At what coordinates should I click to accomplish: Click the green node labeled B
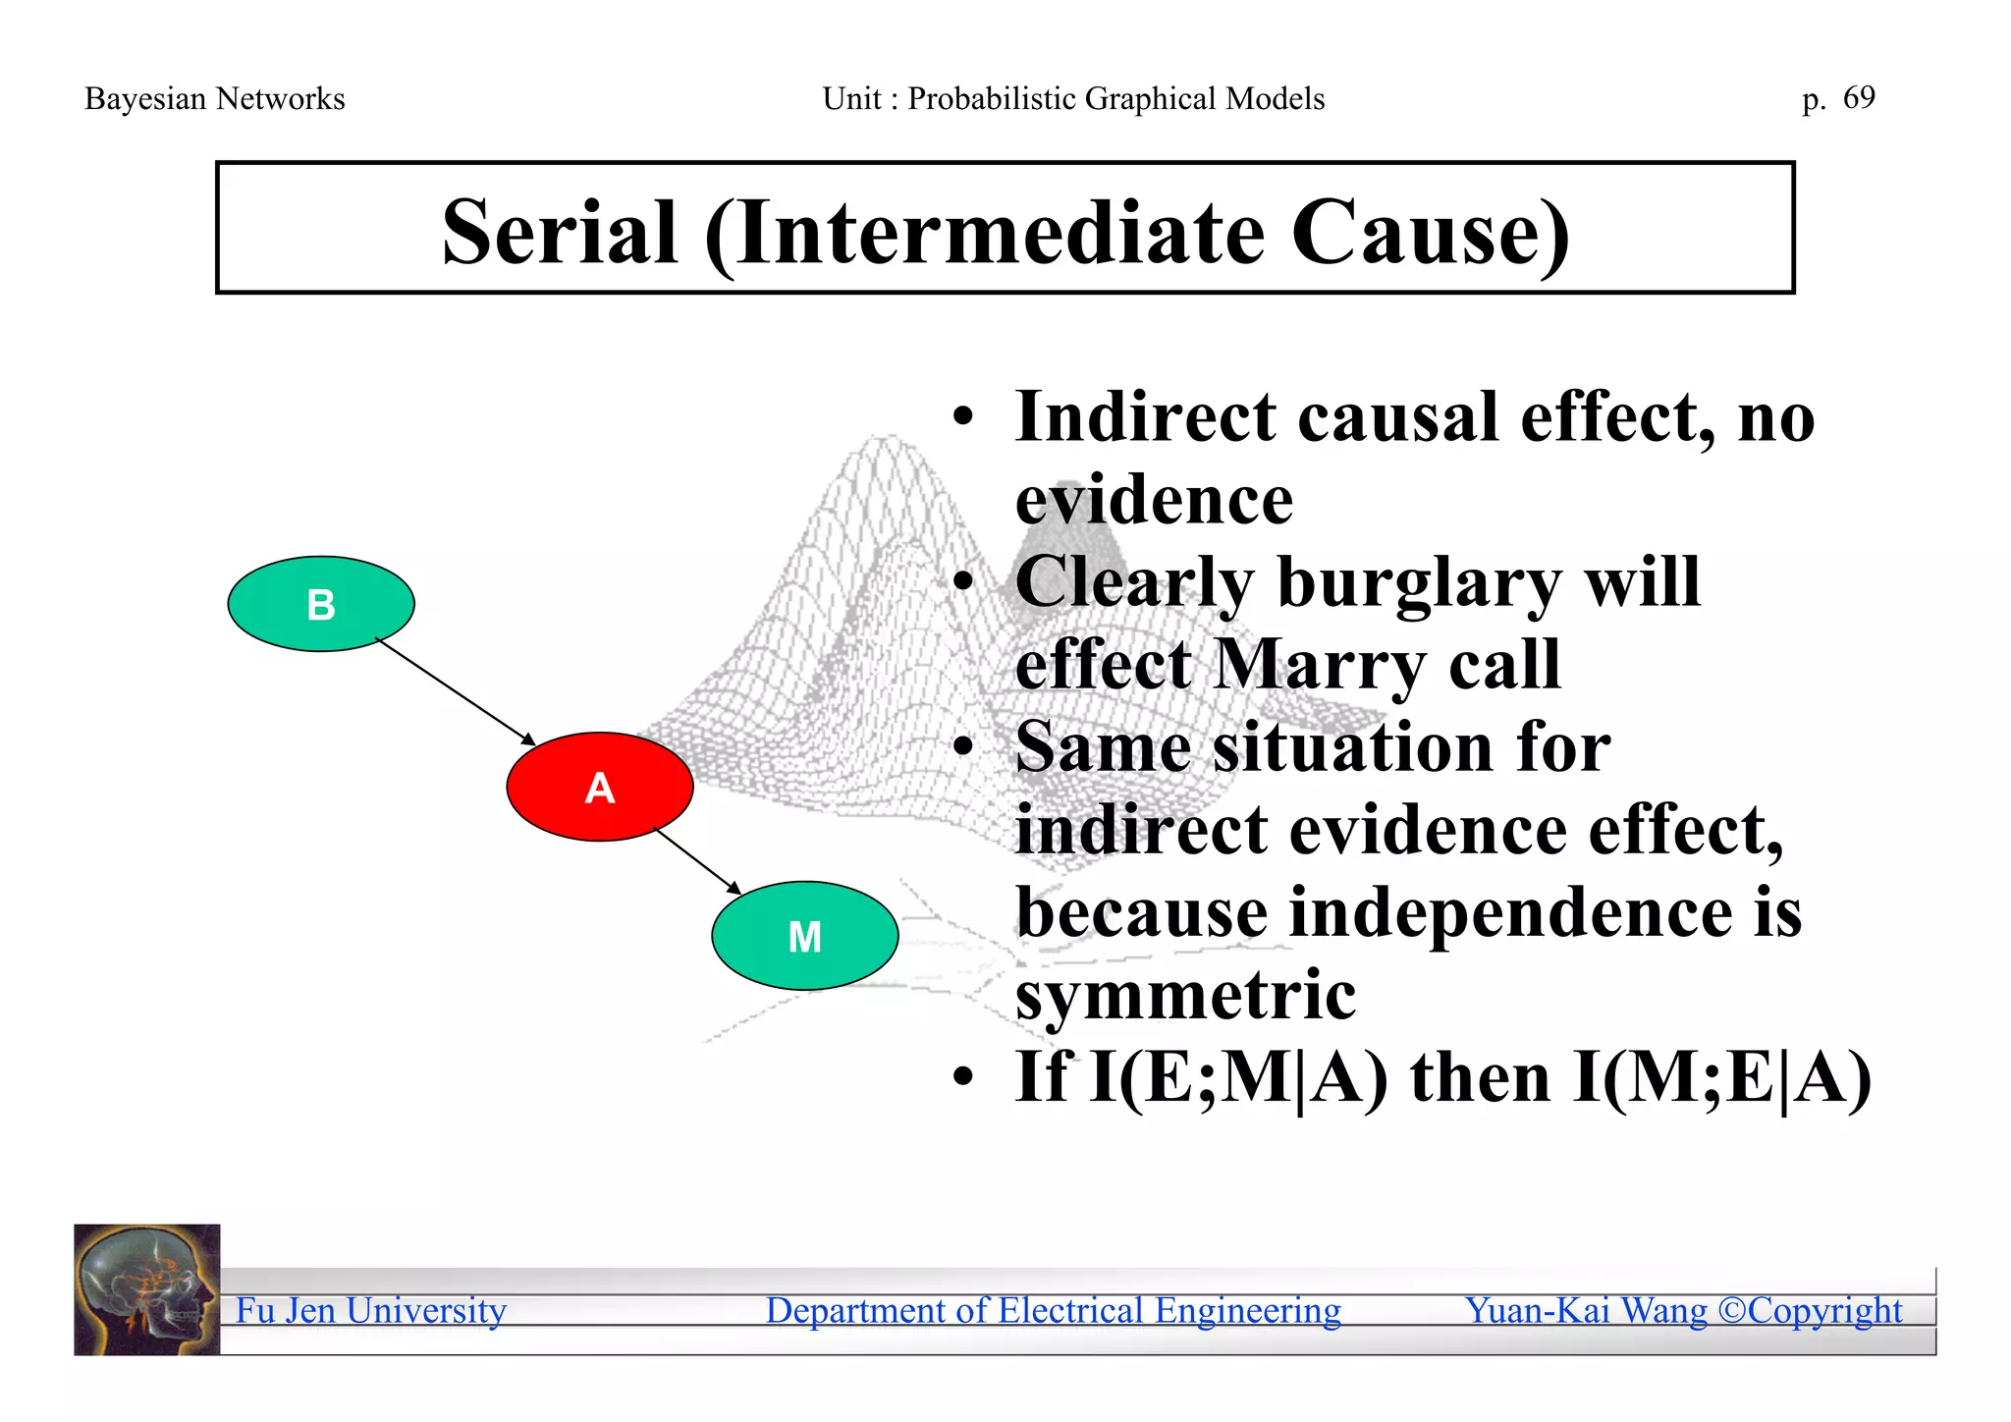click(321, 604)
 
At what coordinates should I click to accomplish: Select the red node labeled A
click(600, 787)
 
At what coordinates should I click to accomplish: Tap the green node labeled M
click(804, 936)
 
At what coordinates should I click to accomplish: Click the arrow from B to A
click(455, 691)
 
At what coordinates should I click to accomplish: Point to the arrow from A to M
click(698, 862)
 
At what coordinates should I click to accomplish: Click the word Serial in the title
click(560, 233)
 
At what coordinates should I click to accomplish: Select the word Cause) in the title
click(1430, 233)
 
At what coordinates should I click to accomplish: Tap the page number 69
click(1859, 97)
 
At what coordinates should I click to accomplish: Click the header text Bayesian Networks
click(215, 99)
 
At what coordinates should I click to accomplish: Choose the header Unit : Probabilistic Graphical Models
click(1073, 99)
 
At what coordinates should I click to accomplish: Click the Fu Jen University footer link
click(370, 1310)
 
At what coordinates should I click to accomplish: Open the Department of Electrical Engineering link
click(1053, 1310)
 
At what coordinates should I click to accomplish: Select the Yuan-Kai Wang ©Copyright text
click(1683, 1310)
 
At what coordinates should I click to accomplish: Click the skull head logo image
click(147, 1289)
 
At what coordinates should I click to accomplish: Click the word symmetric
click(1185, 996)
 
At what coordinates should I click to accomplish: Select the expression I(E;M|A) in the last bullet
click(1239, 1078)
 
